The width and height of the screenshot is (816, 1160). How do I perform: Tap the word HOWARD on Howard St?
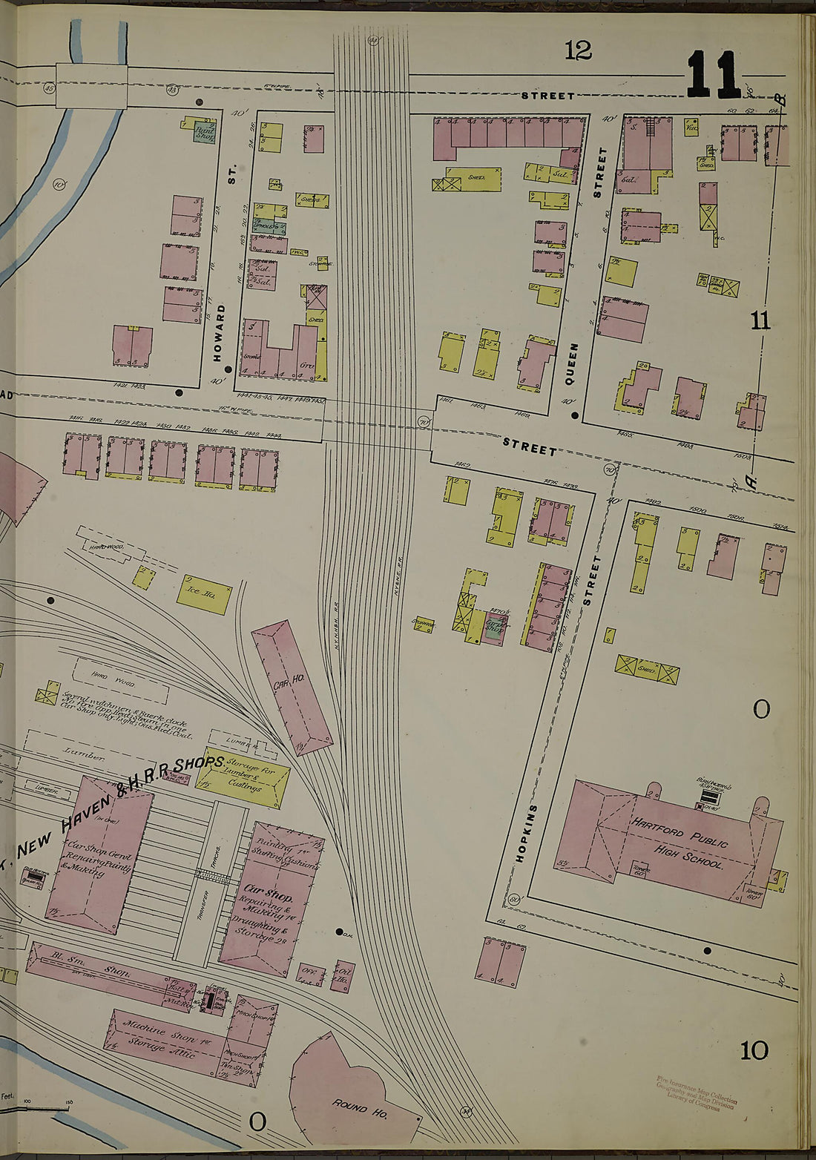tap(219, 332)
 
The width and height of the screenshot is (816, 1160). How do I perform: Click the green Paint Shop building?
tap(204, 134)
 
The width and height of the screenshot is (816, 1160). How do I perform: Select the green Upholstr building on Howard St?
tap(269, 226)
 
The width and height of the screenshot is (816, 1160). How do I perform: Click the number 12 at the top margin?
tap(577, 50)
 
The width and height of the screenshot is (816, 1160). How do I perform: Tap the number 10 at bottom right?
tap(753, 1050)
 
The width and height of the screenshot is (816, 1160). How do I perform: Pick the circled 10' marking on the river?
tap(59, 183)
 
